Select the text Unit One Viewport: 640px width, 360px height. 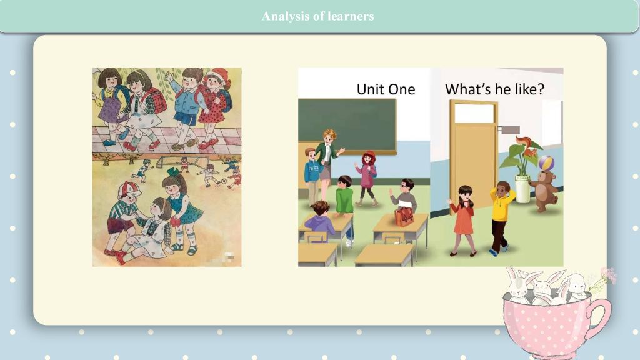click(x=386, y=89)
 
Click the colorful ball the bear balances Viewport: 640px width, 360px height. click(x=546, y=164)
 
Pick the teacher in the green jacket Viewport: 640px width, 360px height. click(x=327, y=163)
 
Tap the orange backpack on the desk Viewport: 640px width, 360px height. click(x=404, y=216)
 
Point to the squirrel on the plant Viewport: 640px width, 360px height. click(x=526, y=147)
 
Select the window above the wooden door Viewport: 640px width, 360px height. click(x=474, y=113)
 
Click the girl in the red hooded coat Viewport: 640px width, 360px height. click(x=367, y=178)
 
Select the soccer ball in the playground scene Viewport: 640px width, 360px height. click(x=223, y=181)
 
